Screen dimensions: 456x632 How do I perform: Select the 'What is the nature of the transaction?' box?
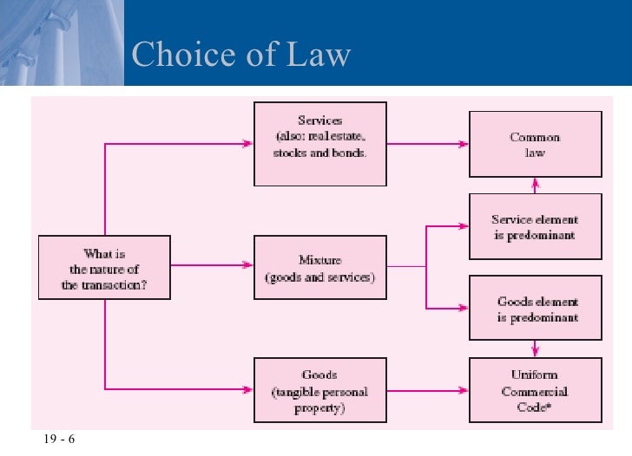click(104, 269)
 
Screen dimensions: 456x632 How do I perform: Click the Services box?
click(320, 144)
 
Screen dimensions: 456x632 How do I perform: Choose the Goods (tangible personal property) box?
click(320, 391)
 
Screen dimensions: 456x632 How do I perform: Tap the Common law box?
click(535, 144)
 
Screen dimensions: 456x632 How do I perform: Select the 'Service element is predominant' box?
click(535, 227)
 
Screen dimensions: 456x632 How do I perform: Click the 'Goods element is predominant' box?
click(535, 309)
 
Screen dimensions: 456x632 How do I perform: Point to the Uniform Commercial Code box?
click(535, 391)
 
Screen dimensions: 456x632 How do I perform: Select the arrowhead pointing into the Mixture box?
click(248, 265)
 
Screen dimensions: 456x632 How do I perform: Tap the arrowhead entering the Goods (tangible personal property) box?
click(248, 388)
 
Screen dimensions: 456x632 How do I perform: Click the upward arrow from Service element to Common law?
click(536, 183)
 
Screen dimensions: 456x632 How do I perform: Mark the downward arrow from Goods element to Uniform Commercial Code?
click(536, 351)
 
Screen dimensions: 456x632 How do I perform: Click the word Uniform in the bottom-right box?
click(535, 375)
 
